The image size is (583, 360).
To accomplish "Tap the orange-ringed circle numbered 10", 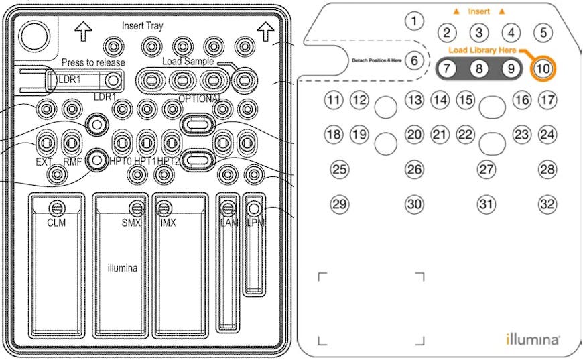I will point(543,68).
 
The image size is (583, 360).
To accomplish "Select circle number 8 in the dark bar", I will point(478,68).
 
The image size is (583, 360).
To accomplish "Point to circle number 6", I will point(415,60).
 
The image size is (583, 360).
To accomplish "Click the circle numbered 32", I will point(547,204).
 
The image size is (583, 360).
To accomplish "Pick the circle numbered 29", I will point(340,204).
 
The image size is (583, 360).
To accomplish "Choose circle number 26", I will point(415,170).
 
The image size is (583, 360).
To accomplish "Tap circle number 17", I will point(547,101).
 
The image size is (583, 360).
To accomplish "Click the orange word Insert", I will point(478,11).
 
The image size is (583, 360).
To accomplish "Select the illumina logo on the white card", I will point(533,339).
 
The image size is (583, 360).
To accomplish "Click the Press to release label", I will point(93,62).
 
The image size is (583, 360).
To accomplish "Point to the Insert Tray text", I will point(142,26).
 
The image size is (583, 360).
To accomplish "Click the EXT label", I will point(44,162).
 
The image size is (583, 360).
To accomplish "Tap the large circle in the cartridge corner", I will point(32,34).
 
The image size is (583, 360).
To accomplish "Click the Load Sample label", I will point(188,62).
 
